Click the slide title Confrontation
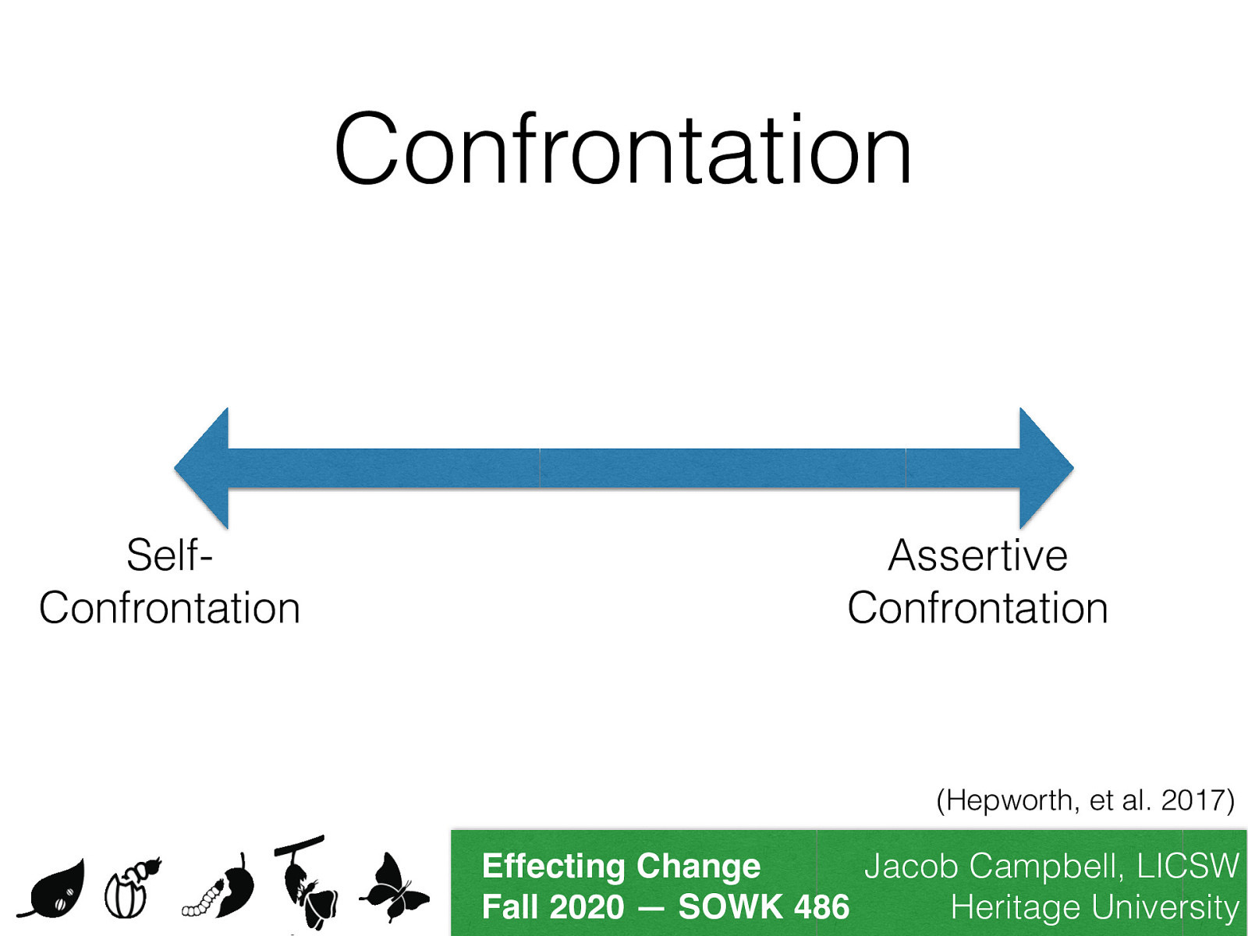coord(622,150)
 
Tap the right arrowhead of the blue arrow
coord(1044,468)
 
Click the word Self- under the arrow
coord(169,555)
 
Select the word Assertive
coord(977,555)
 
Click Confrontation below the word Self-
coord(169,608)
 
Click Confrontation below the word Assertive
coord(977,608)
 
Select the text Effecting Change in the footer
coord(621,866)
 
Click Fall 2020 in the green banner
coord(553,907)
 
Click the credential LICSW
coord(1187,866)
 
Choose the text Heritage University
coord(1094,907)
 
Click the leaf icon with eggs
coord(55,889)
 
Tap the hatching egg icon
coord(131,888)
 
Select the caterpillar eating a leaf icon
coord(220,889)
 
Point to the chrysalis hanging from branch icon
coord(306,881)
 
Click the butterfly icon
coord(395,889)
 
